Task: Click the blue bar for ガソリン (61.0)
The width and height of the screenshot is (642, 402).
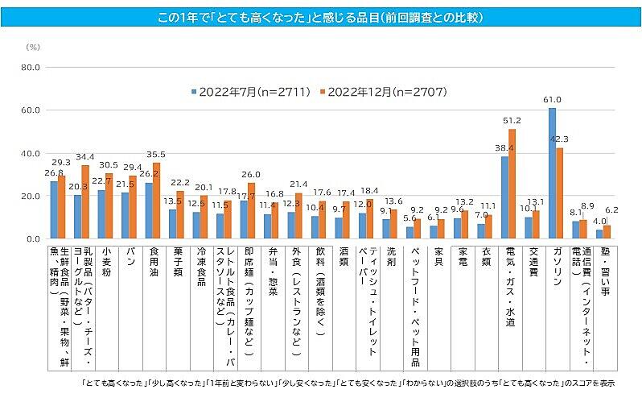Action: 552,173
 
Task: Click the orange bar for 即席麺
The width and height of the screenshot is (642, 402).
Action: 252,211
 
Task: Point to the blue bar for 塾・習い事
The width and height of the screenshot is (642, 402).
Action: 599,234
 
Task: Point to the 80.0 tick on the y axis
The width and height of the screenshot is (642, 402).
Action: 30,67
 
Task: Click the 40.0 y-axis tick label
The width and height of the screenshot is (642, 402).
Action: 30,153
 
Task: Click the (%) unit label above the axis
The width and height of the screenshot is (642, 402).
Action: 33,48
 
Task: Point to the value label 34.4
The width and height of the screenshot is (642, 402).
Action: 84,156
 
